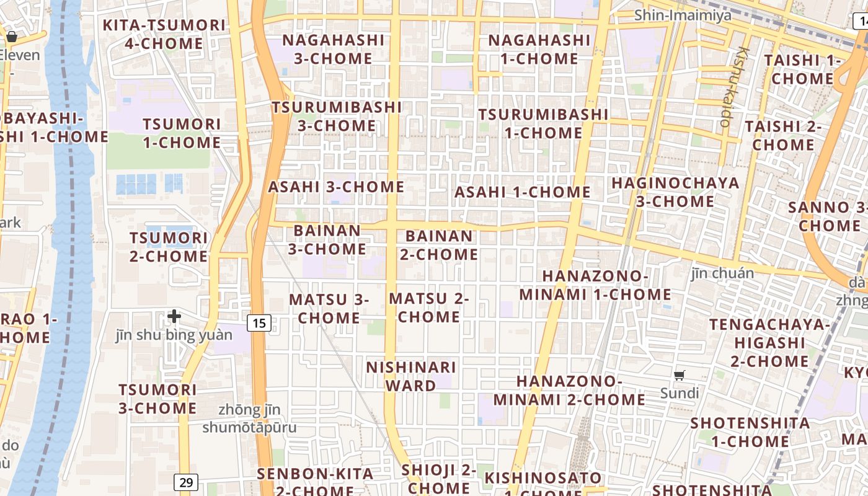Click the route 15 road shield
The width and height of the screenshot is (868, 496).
coord(259,322)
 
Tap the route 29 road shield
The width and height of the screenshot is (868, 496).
coord(185,482)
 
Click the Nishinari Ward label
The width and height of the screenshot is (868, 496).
coord(410,376)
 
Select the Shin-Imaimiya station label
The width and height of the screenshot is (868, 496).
coord(683,15)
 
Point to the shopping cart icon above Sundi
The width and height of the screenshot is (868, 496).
coord(680,375)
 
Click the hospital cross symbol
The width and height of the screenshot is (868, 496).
coord(174,316)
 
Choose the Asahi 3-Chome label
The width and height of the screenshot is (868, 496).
coord(336,187)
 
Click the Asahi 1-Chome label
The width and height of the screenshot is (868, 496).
coord(522,192)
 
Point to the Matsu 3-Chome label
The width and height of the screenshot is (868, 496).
coord(329,308)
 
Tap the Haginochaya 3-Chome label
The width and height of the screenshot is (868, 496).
coord(675,192)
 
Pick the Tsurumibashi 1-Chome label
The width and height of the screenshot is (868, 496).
coord(543,123)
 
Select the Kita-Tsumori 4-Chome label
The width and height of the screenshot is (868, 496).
coord(164,34)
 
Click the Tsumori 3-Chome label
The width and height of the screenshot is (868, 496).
coord(157,399)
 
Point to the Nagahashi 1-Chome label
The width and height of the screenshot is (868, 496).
coord(539,49)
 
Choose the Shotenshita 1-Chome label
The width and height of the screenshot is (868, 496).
coord(750,432)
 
